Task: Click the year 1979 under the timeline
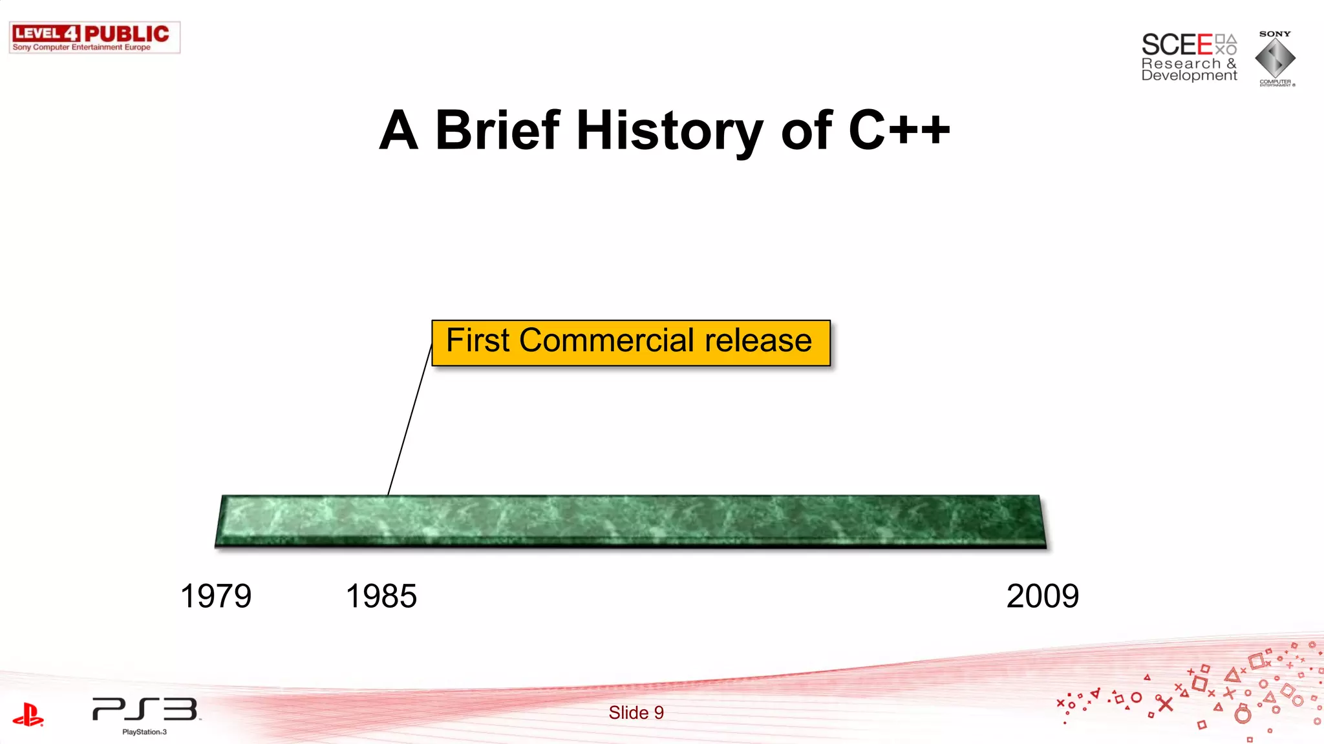[216, 595]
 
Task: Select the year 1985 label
[381, 595]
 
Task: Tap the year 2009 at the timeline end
[1042, 595]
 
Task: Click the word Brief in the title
[498, 130]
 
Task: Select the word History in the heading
[669, 132]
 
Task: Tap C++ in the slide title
[899, 130]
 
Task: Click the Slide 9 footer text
[636, 712]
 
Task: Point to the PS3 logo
[145, 709]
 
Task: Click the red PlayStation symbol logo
[28, 714]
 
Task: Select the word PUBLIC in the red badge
[127, 34]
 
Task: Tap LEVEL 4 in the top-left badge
[46, 34]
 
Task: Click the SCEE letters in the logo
[1177, 45]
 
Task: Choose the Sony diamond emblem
[1275, 58]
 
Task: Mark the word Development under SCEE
[1189, 76]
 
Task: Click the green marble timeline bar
[630, 521]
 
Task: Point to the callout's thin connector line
[410, 420]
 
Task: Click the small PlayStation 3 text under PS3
[145, 732]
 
